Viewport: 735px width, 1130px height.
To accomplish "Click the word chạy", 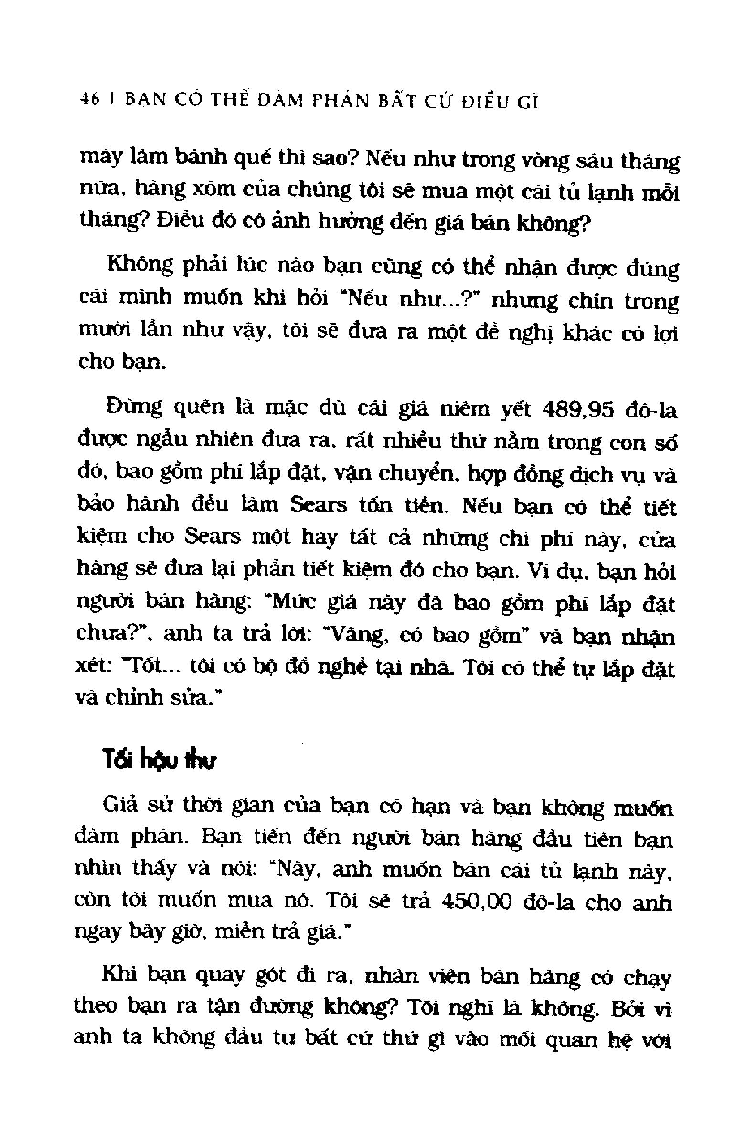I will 648,979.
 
